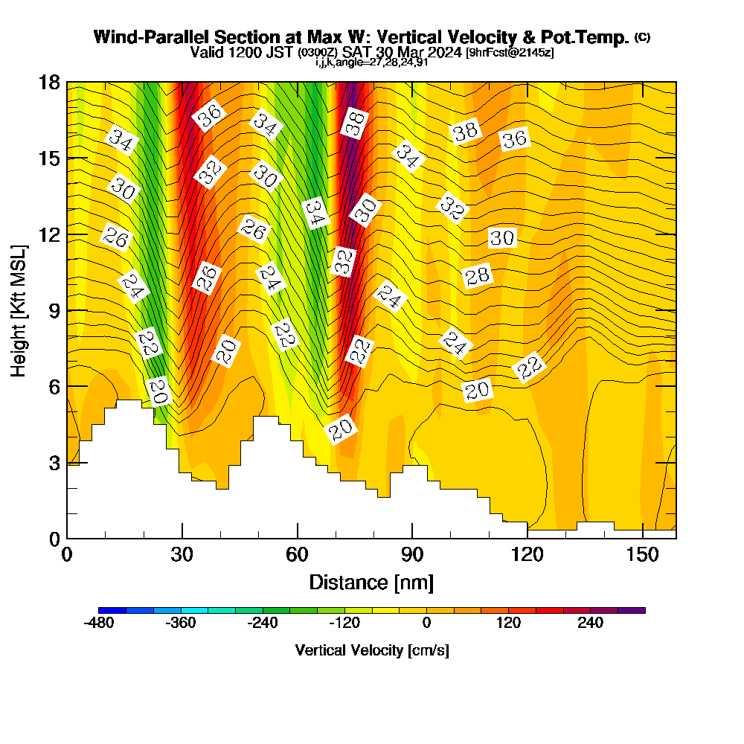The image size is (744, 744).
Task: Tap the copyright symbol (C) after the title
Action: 643,36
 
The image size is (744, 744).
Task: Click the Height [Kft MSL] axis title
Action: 19,310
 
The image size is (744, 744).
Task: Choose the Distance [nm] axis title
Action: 371,582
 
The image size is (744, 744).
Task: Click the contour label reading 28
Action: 478,276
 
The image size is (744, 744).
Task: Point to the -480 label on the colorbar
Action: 99,623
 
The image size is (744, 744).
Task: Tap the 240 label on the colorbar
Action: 590,623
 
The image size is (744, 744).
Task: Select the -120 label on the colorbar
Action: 344,623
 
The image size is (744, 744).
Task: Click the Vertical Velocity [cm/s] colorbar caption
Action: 371,650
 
